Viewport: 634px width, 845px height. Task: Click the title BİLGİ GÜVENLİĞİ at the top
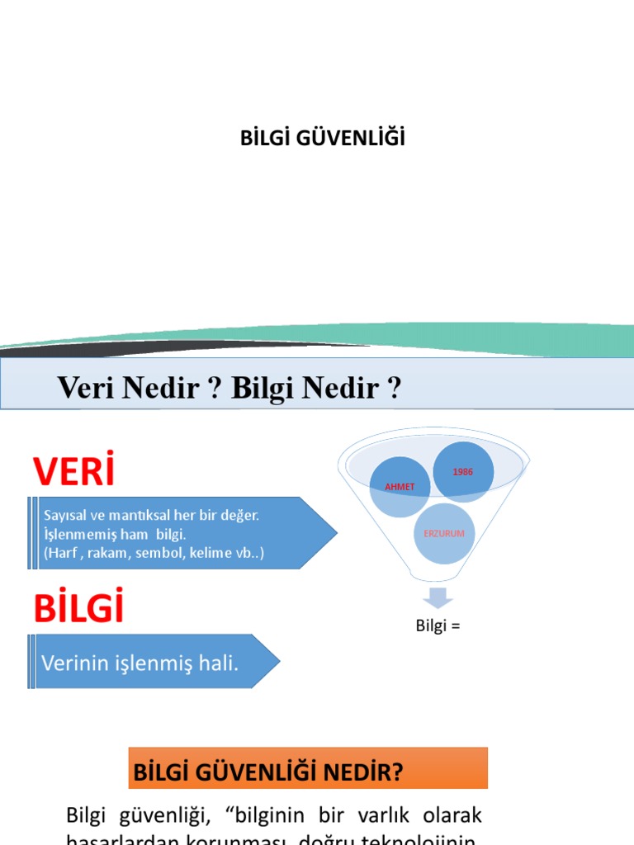[322, 139]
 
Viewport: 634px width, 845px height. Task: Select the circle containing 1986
[464, 472]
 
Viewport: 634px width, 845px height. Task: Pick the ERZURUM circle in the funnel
[443, 533]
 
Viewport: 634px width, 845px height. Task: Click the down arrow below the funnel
[437, 598]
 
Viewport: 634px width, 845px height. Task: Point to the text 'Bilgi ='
[438, 625]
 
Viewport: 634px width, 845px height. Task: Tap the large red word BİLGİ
[78, 608]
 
